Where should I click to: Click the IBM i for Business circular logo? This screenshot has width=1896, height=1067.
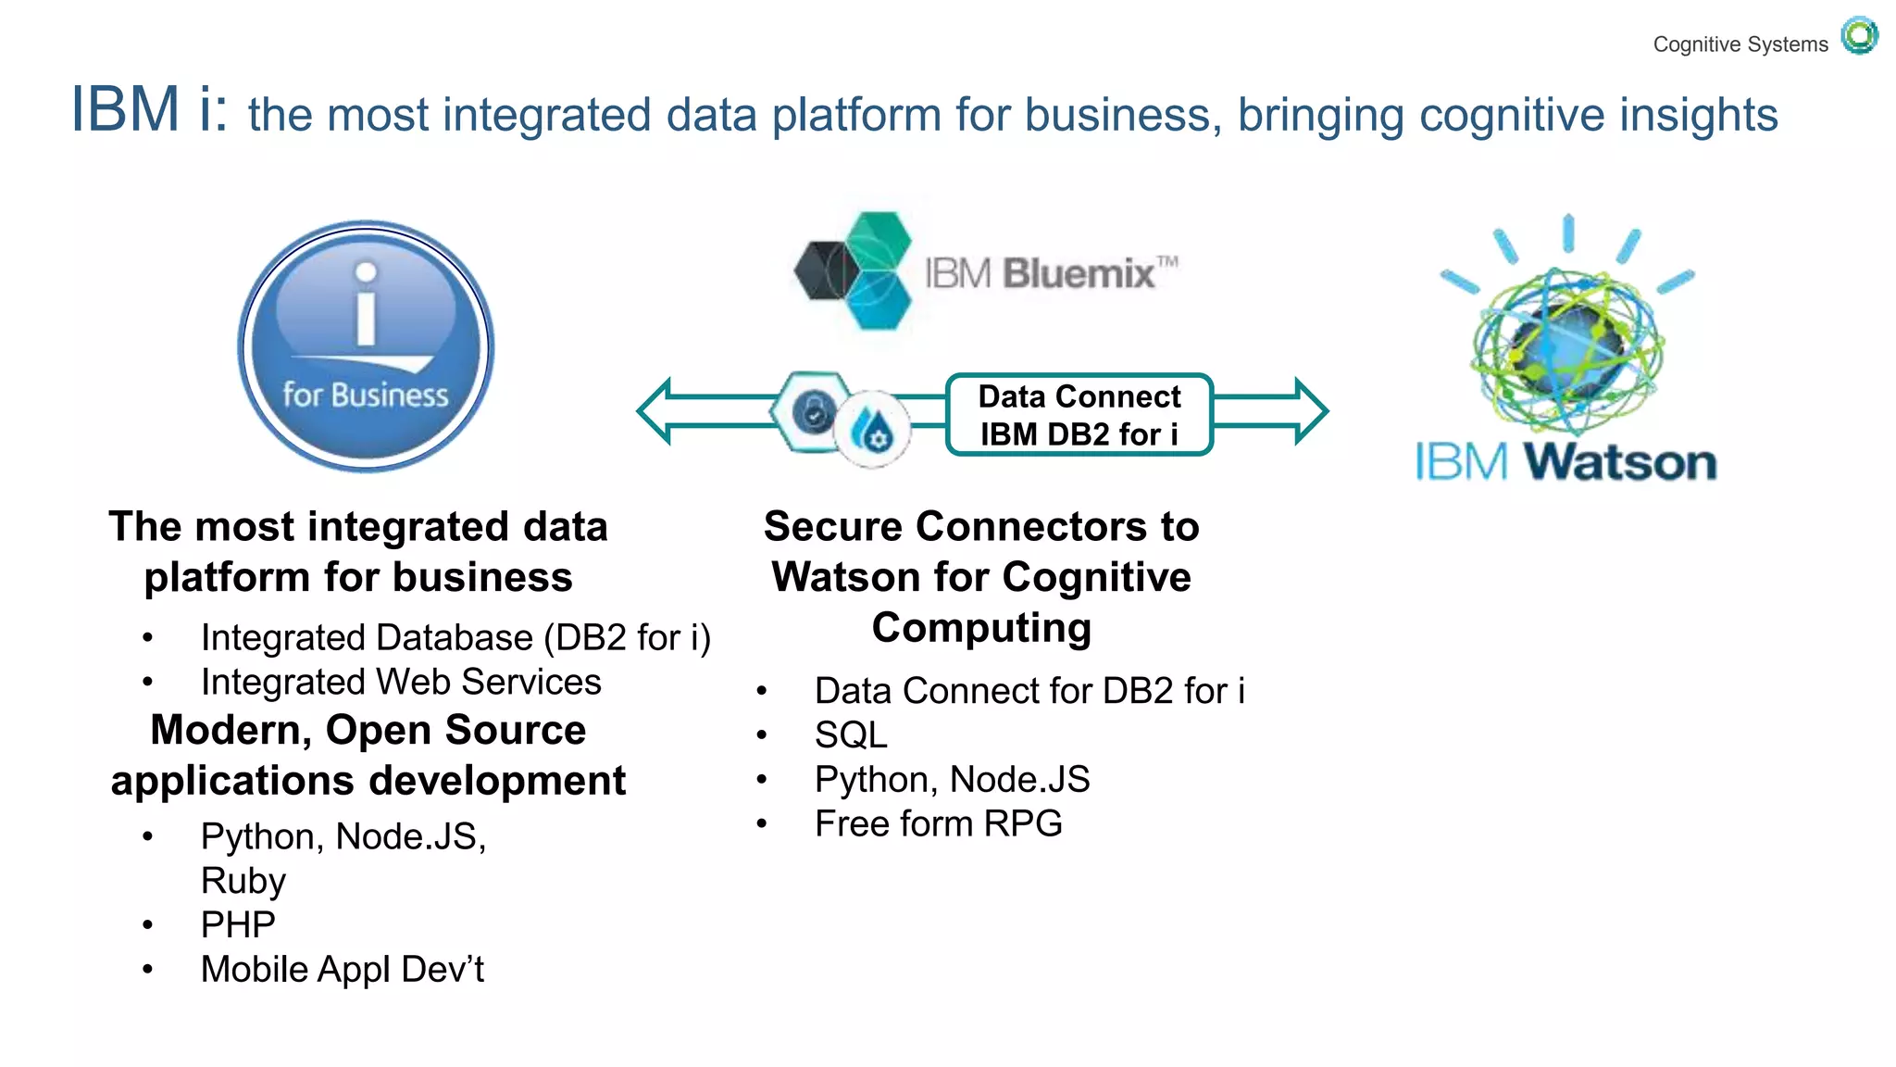[x=366, y=346]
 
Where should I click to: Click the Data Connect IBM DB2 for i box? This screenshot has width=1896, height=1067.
[x=1079, y=415]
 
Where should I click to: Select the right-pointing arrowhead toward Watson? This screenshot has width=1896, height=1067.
[x=1309, y=410]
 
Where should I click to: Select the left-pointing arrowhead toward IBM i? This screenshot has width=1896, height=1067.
[x=655, y=410]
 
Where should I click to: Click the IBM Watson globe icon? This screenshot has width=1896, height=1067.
[x=1567, y=347]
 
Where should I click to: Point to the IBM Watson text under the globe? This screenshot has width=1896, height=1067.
[x=1565, y=462]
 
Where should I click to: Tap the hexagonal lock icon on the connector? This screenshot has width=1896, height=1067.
[x=812, y=412]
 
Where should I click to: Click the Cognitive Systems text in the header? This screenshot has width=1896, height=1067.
[x=1740, y=44]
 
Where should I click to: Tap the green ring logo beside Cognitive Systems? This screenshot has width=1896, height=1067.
[x=1858, y=36]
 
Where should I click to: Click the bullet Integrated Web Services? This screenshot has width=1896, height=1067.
[x=401, y=683]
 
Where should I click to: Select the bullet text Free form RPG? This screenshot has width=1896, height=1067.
[x=938, y=823]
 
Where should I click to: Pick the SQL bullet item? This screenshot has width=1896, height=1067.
[x=850, y=735]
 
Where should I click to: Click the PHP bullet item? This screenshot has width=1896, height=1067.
[x=238, y=924]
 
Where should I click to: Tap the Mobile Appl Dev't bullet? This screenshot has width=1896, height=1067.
[x=342, y=970]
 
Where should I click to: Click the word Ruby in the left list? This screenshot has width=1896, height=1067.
[x=243, y=881]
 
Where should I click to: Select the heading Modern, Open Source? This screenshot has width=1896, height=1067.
[x=368, y=730]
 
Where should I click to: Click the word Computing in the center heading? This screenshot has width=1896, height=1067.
[x=981, y=628]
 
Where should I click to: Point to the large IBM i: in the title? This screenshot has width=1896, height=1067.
[x=148, y=109]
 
